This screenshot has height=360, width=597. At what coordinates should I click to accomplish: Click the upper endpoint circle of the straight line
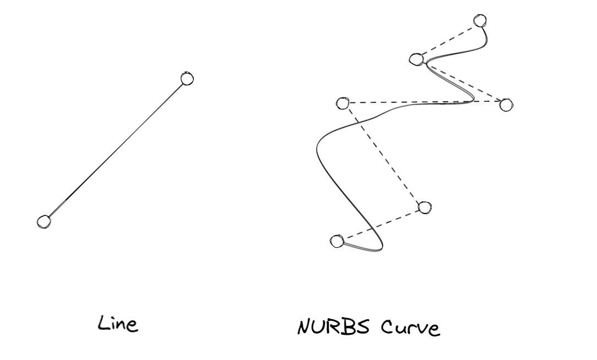[187, 79]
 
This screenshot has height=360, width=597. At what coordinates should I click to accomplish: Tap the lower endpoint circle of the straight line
[44, 221]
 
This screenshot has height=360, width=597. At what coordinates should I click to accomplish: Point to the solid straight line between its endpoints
[115, 150]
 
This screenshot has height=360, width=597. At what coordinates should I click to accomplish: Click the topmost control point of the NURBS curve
[480, 21]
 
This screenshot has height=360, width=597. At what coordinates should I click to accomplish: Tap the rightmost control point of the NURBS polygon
[506, 104]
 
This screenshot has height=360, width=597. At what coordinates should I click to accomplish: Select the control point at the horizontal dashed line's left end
[343, 103]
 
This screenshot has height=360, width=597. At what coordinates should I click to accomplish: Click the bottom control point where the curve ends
[337, 241]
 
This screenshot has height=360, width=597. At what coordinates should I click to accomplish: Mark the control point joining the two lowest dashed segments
[424, 207]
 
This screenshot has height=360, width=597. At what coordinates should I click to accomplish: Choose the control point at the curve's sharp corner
[417, 58]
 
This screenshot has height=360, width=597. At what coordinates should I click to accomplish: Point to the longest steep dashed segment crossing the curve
[383, 155]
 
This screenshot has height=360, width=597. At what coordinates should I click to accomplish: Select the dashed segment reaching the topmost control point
[448, 40]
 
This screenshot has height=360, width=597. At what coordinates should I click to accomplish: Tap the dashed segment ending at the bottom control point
[381, 224]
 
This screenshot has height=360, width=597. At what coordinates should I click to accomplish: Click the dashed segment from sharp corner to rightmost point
[462, 81]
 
